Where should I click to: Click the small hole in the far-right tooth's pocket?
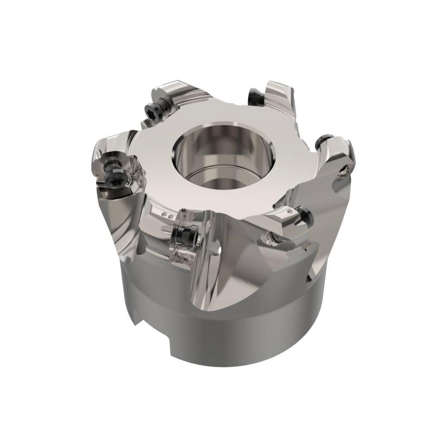(341, 177)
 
